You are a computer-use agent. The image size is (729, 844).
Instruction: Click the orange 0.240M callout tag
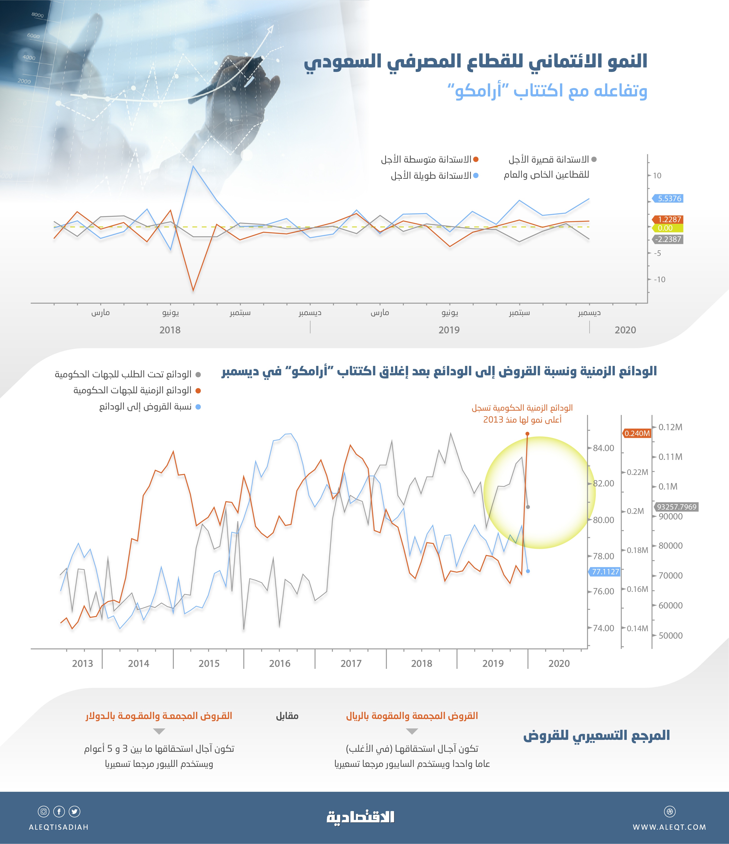[x=637, y=433]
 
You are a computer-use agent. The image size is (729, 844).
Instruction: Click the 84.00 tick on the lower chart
[x=603, y=448]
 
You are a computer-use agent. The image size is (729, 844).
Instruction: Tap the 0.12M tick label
[x=670, y=427]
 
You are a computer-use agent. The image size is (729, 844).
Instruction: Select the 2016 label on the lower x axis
[x=280, y=664]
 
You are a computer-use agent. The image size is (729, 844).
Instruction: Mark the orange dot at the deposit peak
[x=527, y=434]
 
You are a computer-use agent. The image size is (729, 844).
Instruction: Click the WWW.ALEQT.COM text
[x=669, y=827]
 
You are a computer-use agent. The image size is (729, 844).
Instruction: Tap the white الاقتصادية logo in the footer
[x=361, y=817]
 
